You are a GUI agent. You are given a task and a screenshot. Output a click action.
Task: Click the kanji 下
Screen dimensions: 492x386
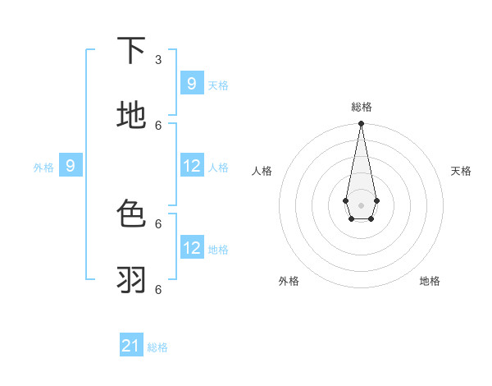click(x=131, y=51)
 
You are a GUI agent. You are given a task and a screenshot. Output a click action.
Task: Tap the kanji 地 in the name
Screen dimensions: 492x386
click(x=131, y=116)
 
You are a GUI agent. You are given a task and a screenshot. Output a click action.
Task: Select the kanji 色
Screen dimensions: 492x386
click(x=131, y=214)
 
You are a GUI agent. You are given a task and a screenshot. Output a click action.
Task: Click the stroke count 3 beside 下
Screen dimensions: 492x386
click(x=158, y=59)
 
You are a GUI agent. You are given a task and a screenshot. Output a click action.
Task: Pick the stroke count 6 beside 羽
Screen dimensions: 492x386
click(x=158, y=289)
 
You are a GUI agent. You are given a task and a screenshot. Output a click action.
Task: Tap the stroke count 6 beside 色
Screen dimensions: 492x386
click(x=158, y=223)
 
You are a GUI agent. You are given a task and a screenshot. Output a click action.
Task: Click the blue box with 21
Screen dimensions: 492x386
click(x=131, y=346)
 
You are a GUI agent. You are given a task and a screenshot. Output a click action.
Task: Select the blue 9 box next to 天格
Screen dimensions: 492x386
click(x=191, y=83)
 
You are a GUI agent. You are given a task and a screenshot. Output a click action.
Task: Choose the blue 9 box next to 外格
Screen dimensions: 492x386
click(x=71, y=166)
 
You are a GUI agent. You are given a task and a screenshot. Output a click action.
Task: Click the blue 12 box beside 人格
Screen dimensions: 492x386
click(x=191, y=166)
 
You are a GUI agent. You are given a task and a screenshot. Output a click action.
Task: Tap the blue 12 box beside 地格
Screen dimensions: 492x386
click(x=191, y=247)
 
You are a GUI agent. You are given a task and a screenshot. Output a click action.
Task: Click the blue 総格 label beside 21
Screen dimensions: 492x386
click(x=157, y=347)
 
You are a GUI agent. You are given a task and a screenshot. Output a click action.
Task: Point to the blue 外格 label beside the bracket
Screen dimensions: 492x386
click(x=43, y=168)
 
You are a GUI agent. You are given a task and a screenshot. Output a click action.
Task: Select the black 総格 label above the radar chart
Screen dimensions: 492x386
click(x=361, y=107)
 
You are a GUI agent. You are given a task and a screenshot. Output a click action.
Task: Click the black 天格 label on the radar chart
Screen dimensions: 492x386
click(x=461, y=171)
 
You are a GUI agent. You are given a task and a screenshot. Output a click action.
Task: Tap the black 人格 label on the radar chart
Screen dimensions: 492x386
click(x=262, y=171)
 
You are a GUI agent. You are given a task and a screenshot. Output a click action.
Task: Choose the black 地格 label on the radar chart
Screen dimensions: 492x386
click(x=430, y=281)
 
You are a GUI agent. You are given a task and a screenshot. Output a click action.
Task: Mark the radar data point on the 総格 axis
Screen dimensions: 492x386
click(x=361, y=124)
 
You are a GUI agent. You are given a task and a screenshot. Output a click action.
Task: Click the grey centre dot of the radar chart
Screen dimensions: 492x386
click(x=361, y=204)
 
